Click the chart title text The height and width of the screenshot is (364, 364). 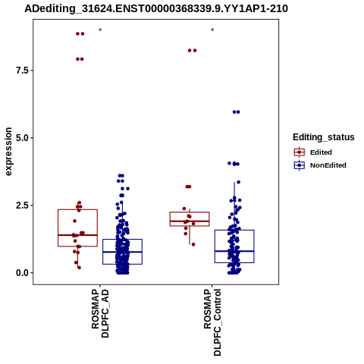[x=156, y=9]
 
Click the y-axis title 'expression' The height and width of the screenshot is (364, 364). [x=8, y=152]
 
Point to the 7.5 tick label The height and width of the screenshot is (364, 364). [x=21, y=71]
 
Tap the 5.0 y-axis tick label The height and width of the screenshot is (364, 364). [x=21, y=138]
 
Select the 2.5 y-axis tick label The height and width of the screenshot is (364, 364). [x=21, y=206]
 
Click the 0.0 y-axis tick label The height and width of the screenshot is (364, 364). [x=21, y=273]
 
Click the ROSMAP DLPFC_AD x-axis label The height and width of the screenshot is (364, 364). [x=100, y=314]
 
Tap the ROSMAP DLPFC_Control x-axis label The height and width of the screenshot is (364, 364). [x=212, y=322]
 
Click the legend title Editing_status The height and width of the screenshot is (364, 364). [x=324, y=137]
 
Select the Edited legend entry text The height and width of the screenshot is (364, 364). [x=321, y=152]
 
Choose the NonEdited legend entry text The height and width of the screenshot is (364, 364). [x=328, y=165]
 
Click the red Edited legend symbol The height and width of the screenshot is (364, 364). [x=300, y=152]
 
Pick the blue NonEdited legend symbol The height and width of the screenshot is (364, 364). [x=300, y=165]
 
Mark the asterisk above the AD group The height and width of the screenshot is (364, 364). [x=100, y=30]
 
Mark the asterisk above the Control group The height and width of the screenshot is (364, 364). [x=212, y=30]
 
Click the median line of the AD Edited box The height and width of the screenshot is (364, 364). [x=77, y=235]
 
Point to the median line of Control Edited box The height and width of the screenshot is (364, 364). [x=190, y=221]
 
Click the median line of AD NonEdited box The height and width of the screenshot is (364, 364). [x=122, y=252]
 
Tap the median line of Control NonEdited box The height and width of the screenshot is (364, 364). [x=234, y=251]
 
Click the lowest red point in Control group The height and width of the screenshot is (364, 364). [x=193, y=244]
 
